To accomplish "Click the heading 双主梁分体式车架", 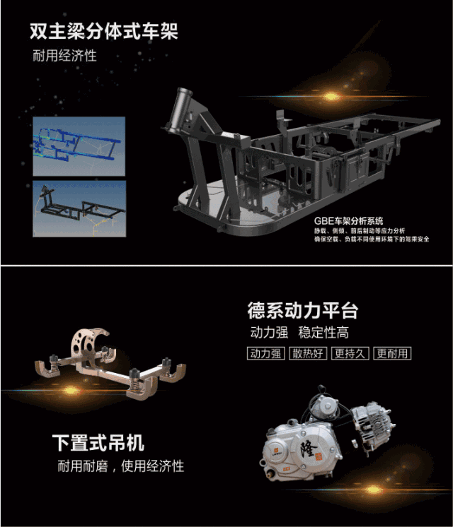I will coord(103,32).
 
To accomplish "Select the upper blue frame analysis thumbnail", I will coord(79,146).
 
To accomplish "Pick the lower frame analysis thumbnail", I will coord(79,207).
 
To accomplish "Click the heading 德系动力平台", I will coord(303,310).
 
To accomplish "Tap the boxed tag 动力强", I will coord(266,353).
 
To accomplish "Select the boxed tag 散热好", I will coord(309,353).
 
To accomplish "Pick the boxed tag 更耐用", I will coord(394,353).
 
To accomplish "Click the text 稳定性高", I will coord(323,333).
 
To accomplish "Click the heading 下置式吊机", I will coord(98,443).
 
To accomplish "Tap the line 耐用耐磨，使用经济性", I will coord(121,466).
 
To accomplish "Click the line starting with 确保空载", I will coord(372,239).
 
